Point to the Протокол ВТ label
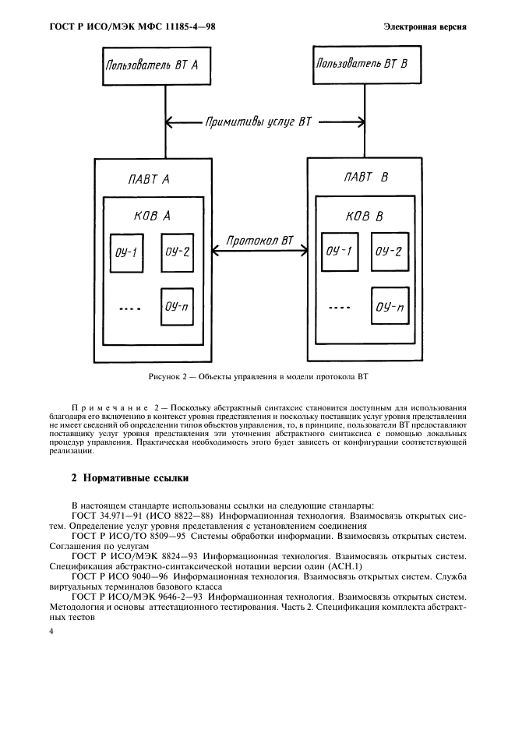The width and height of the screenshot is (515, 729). tap(259, 241)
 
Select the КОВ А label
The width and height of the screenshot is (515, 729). tap(152, 216)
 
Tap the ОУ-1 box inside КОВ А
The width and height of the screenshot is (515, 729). tap(125, 252)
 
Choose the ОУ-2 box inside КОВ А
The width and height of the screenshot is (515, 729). tap(177, 252)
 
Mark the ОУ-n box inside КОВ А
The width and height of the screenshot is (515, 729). tap(177, 305)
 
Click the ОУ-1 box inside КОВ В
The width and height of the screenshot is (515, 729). tap(338, 252)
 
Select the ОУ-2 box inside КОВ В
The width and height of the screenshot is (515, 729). tap(388, 251)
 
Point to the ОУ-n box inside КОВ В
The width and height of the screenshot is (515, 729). tap(389, 306)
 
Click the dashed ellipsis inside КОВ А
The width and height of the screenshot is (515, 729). tap(129, 308)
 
